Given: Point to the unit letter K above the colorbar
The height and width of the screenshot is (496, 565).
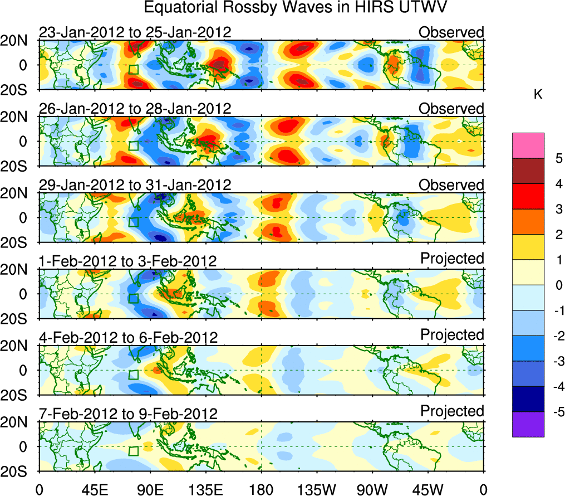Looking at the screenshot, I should click(538, 95).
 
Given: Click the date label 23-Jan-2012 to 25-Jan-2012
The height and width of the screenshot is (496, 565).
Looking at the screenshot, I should click(135, 32).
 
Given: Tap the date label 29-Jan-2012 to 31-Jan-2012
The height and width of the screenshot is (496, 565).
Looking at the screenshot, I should click(135, 185).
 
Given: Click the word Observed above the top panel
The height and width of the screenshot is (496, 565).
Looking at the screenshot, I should click(451, 32).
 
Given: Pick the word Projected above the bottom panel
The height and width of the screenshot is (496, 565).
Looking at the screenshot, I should click(453, 411).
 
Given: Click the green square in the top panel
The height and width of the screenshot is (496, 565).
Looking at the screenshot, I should click(133, 70).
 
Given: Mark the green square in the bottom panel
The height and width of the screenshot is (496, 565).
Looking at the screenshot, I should click(133, 451).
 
